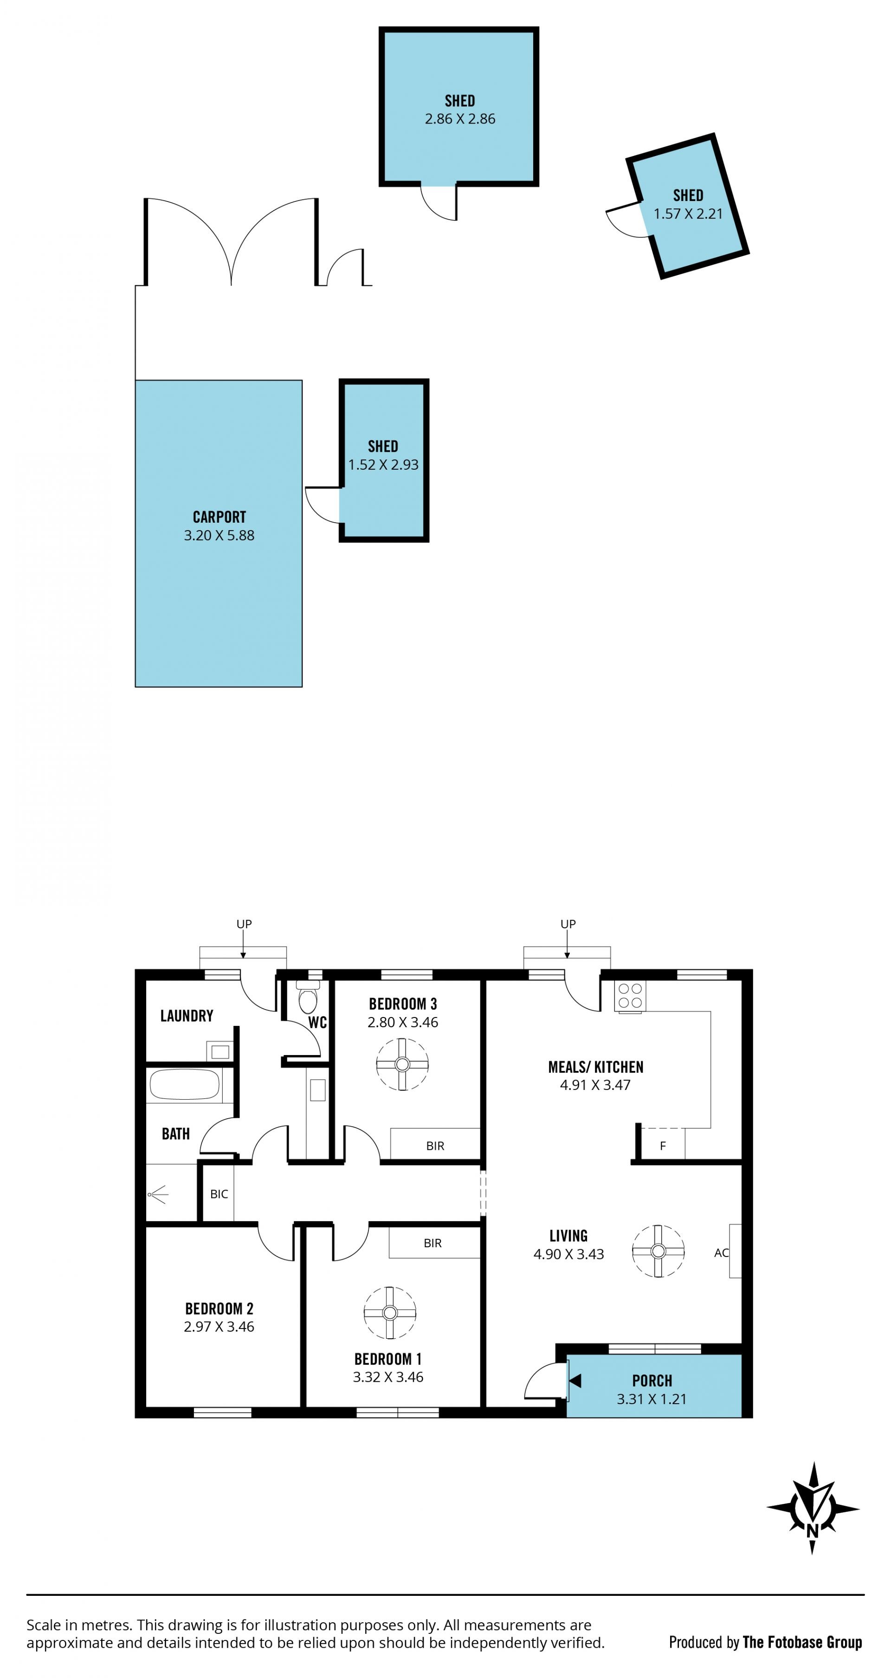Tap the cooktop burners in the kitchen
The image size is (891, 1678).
[630, 996]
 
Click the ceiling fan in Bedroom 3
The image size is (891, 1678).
[402, 1064]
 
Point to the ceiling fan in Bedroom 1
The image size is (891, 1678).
[389, 1313]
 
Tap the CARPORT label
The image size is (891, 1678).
[220, 517]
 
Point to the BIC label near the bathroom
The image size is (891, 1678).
[219, 1194]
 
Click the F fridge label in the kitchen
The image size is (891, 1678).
[662, 1146]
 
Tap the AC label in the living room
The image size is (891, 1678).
[721, 1253]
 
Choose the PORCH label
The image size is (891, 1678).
[652, 1381]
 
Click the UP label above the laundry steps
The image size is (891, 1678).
[244, 924]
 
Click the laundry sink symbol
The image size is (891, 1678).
[220, 1051]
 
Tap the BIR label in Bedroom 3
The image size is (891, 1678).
[435, 1146]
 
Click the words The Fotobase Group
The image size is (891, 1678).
[802, 1642]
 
